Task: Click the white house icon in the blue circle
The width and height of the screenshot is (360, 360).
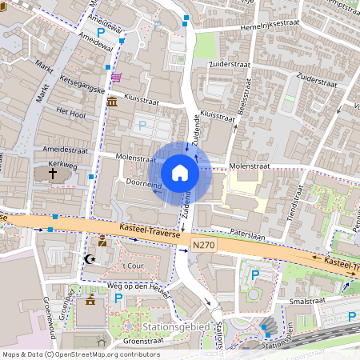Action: click(x=180, y=173)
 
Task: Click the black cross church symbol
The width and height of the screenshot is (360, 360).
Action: click(x=54, y=172)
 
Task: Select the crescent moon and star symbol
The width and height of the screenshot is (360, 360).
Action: click(x=90, y=258)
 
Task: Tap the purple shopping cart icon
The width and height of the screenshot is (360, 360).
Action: click(x=117, y=78)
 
